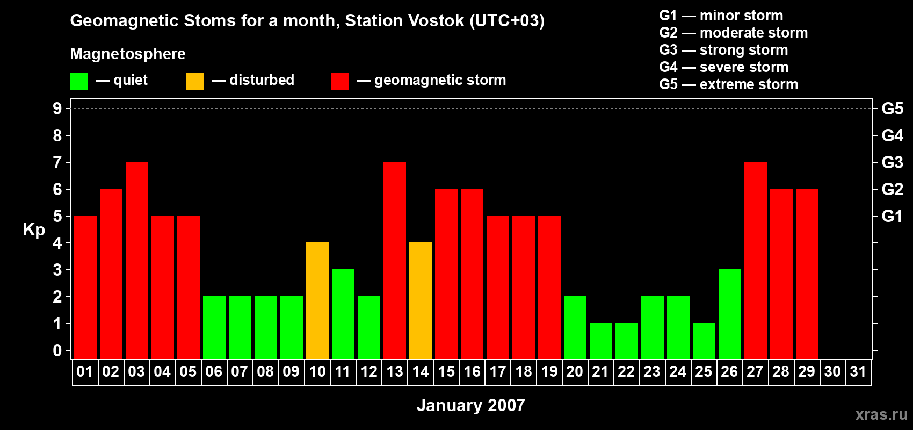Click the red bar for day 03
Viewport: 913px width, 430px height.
pos(137,260)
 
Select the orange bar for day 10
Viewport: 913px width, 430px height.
pos(317,300)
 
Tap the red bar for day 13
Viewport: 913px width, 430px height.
pos(395,260)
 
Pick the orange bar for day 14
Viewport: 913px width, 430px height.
pos(421,300)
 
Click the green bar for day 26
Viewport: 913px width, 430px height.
pos(730,314)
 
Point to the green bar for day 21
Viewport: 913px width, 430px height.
pos(601,341)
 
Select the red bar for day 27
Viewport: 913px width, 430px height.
pos(756,260)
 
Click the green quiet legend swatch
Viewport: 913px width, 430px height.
pos(78,81)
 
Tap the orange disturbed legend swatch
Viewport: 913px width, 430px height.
pos(195,81)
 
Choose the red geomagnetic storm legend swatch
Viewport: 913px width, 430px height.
pos(340,81)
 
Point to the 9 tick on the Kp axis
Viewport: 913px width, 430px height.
pos(57,109)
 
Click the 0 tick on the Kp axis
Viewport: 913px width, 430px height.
pos(57,350)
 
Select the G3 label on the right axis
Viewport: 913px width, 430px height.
pos(892,162)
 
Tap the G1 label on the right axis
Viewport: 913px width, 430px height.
pos(892,216)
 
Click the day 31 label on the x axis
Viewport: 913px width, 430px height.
pos(858,371)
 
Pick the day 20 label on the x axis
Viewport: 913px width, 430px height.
pos(575,371)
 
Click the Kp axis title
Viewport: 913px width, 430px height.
pos(34,230)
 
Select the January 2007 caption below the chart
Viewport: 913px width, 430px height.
pos(471,405)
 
